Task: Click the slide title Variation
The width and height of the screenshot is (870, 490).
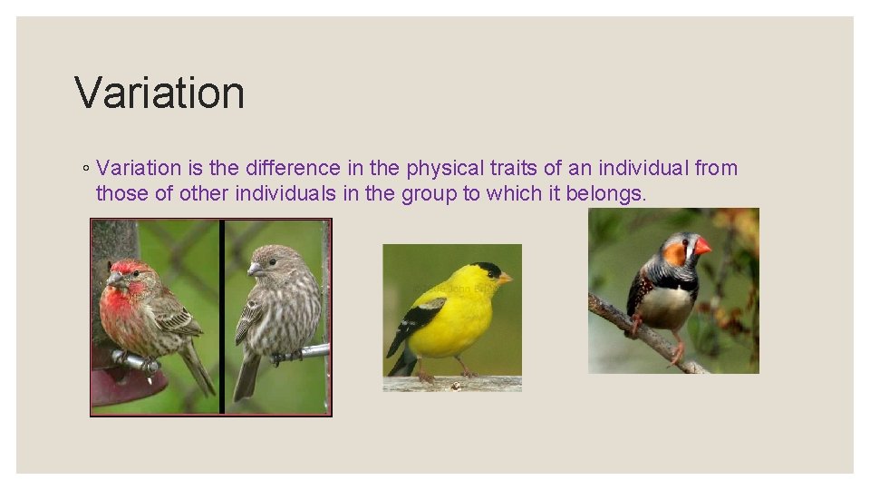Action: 159,93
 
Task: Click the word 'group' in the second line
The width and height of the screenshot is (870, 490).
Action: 428,193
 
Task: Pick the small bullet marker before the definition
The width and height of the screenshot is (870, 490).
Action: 83,169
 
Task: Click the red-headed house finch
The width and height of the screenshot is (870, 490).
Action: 145,313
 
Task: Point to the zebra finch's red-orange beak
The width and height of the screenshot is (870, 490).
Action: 702,246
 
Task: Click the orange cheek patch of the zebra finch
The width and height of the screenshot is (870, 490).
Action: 675,253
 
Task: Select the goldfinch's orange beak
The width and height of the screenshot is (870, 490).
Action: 505,278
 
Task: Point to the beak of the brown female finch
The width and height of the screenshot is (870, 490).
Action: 253,269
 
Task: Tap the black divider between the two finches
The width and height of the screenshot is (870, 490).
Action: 221,318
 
